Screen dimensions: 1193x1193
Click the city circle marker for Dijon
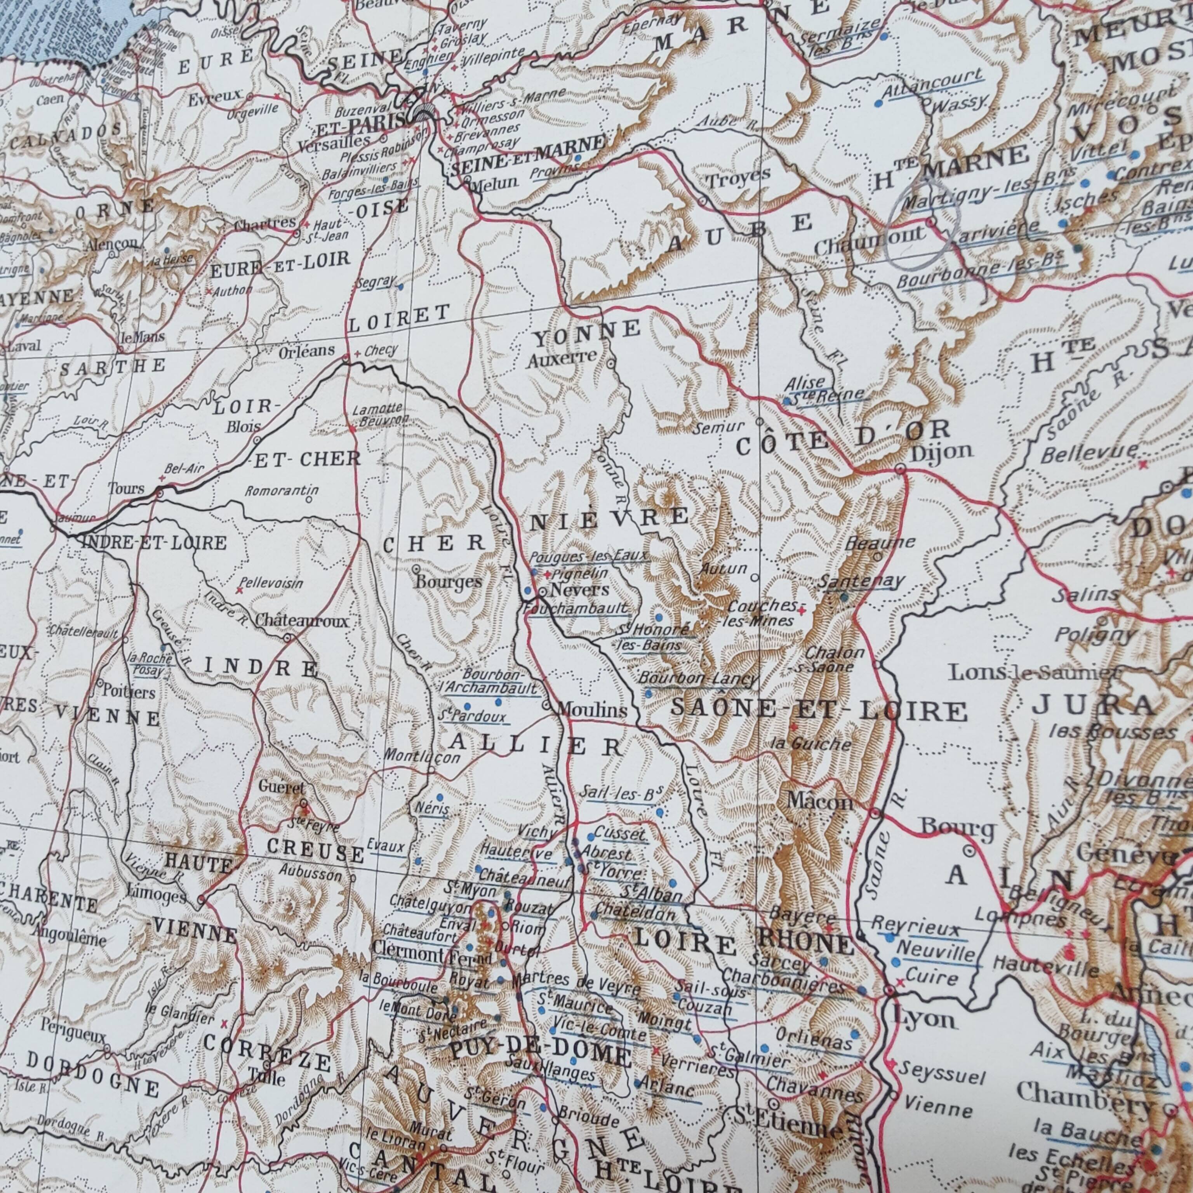point(900,469)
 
